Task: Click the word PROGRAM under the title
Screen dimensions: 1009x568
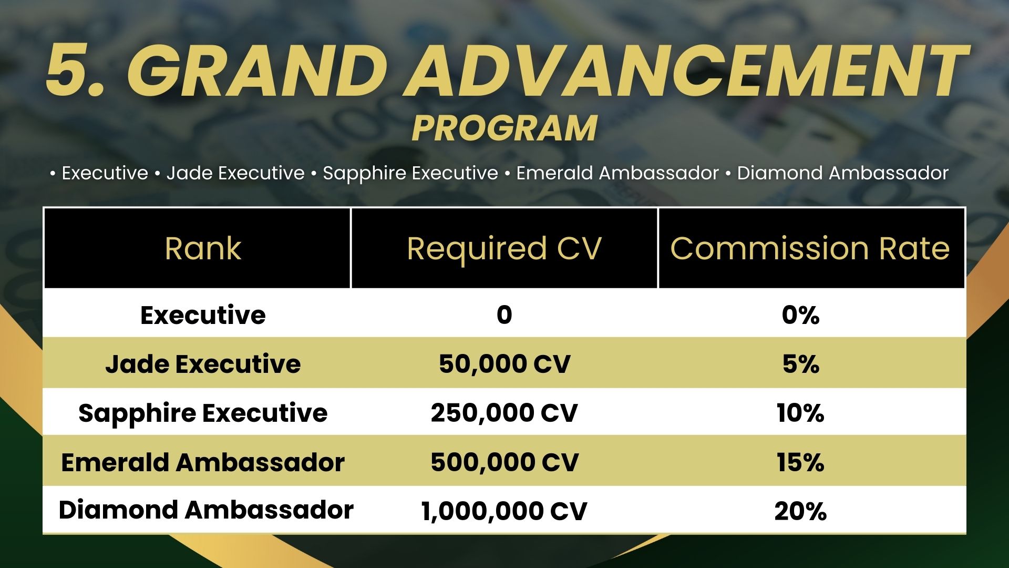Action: (x=504, y=128)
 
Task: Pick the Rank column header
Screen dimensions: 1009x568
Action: (x=203, y=248)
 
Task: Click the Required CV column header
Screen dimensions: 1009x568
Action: (x=504, y=249)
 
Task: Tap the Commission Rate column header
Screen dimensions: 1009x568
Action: (x=810, y=248)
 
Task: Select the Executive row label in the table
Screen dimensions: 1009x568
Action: (x=203, y=315)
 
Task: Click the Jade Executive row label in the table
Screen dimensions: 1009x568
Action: (x=203, y=363)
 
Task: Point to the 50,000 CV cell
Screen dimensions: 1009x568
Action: (x=504, y=364)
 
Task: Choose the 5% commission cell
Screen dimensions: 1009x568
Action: (x=800, y=364)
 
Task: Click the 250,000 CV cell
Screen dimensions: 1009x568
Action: (x=504, y=413)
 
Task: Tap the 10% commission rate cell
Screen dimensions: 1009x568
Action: (x=800, y=413)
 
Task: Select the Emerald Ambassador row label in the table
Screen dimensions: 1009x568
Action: (x=203, y=462)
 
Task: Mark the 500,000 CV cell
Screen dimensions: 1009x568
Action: (x=504, y=462)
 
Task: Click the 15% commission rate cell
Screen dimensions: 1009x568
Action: (x=800, y=462)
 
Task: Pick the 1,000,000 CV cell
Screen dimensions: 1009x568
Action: (x=504, y=511)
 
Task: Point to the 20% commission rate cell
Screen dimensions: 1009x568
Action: (x=800, y=511)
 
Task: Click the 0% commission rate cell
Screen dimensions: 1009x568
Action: (x=800, y=315)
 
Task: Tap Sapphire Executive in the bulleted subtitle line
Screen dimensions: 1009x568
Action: (x=410, y=173)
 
